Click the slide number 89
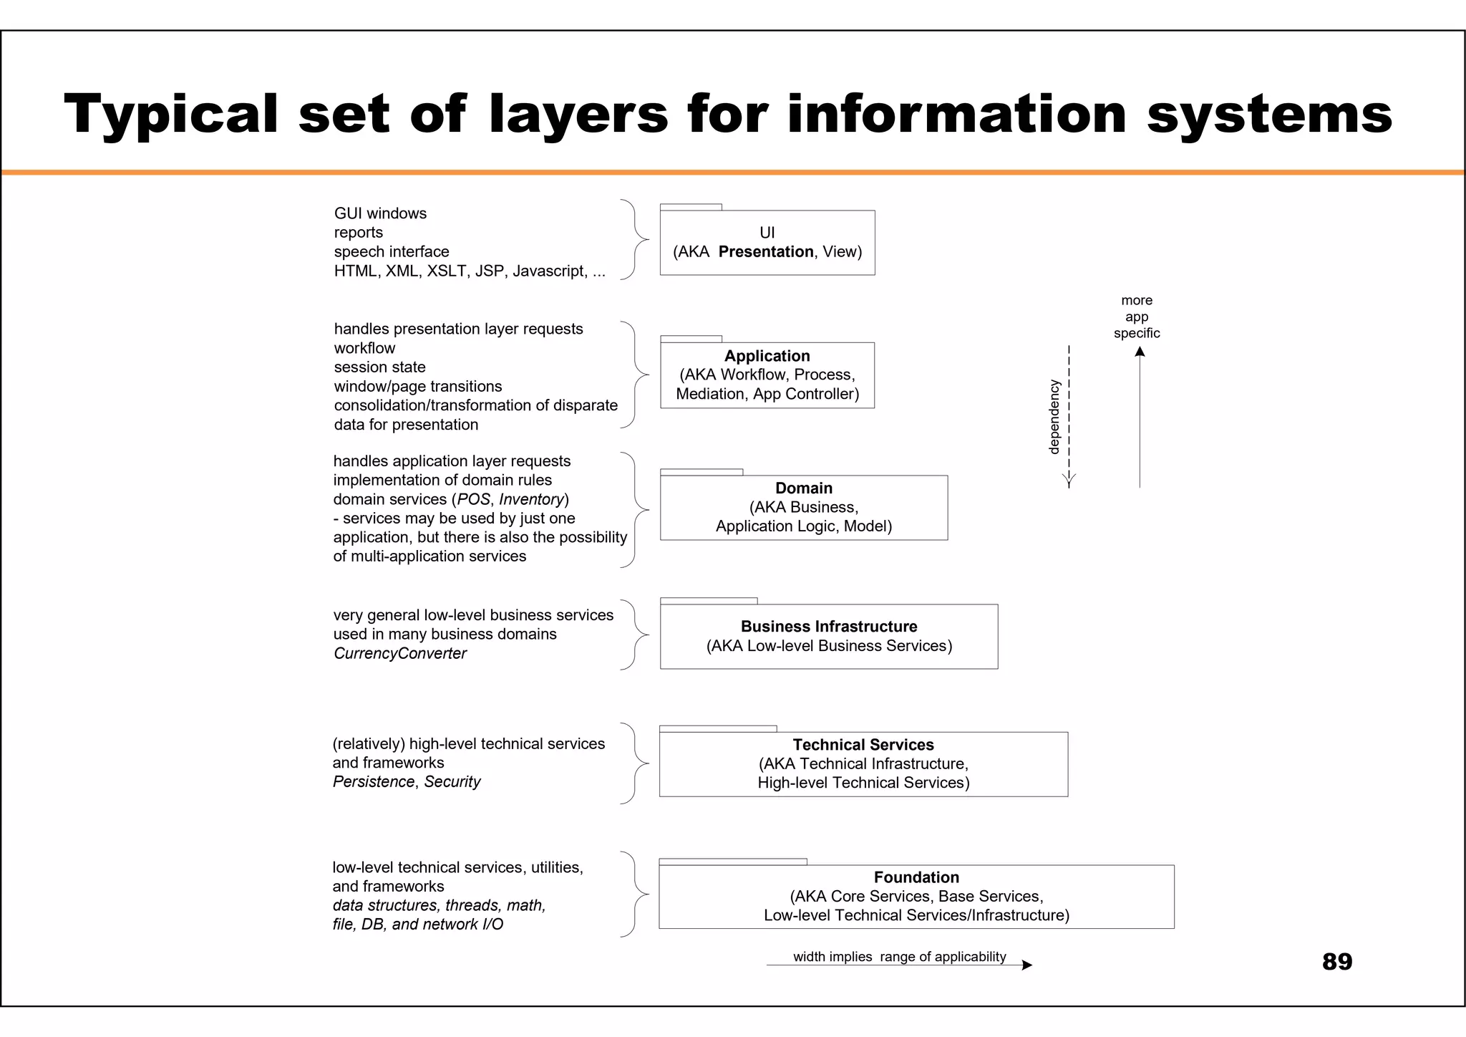(1336, 962)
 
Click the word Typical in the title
(171, 115)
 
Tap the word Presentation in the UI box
(765, 252)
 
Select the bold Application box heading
(767, 356)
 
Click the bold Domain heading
(803, 488)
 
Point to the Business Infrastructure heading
(828, 627)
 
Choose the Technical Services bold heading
(863, 745)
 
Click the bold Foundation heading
(916, 877)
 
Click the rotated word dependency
(1054, 417)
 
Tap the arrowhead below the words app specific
(1140, 352)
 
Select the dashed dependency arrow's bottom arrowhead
(1069, 481)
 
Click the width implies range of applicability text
(899, 957)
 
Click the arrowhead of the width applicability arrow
(1027, 965)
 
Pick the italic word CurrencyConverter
(399, 653)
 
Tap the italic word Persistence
(373, 782)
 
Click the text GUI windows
(380, 213)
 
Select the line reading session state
(379, 367)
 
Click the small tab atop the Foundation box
(732, 862)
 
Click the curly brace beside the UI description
(634, 239)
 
